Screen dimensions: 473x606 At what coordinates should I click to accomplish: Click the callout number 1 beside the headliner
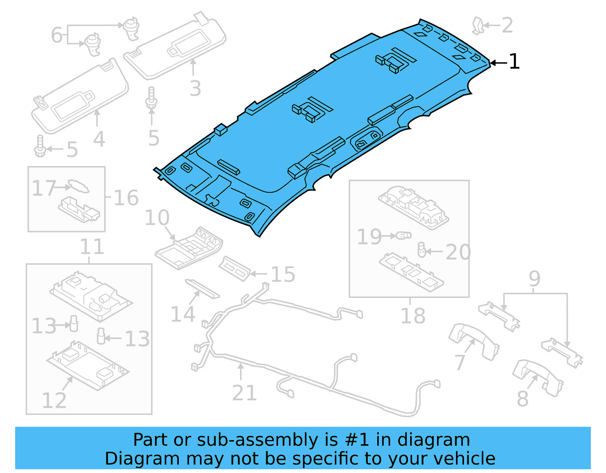click(514, 61)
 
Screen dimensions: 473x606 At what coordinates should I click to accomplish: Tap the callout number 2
click(507, 25)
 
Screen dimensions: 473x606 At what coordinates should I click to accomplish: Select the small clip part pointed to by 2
click(478, 26)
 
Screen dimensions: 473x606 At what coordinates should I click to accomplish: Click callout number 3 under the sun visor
click(195, 88)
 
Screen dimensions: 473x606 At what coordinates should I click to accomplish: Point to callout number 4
click(99, 139)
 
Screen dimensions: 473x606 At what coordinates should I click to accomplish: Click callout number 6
click(56, 35)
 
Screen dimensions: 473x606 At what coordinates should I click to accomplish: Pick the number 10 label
click(157, 218)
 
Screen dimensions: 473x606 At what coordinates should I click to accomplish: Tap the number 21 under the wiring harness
click(244, 393)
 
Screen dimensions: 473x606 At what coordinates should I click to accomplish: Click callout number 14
click(183, 314)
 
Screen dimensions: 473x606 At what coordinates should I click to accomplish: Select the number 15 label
click(283, 275)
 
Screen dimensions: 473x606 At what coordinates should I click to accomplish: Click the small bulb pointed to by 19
click(404, 236)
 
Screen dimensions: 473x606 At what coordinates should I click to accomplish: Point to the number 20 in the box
click(458, 252)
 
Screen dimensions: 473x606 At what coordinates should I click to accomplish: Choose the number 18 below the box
click(413, 316)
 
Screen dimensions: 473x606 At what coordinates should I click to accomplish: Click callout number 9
click(534, 279)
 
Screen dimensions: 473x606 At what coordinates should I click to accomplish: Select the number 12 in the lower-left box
click(54, 401)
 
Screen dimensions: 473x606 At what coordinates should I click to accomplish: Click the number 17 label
click(44, 188)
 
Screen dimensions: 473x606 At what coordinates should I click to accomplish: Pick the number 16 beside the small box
click(126, 198)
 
